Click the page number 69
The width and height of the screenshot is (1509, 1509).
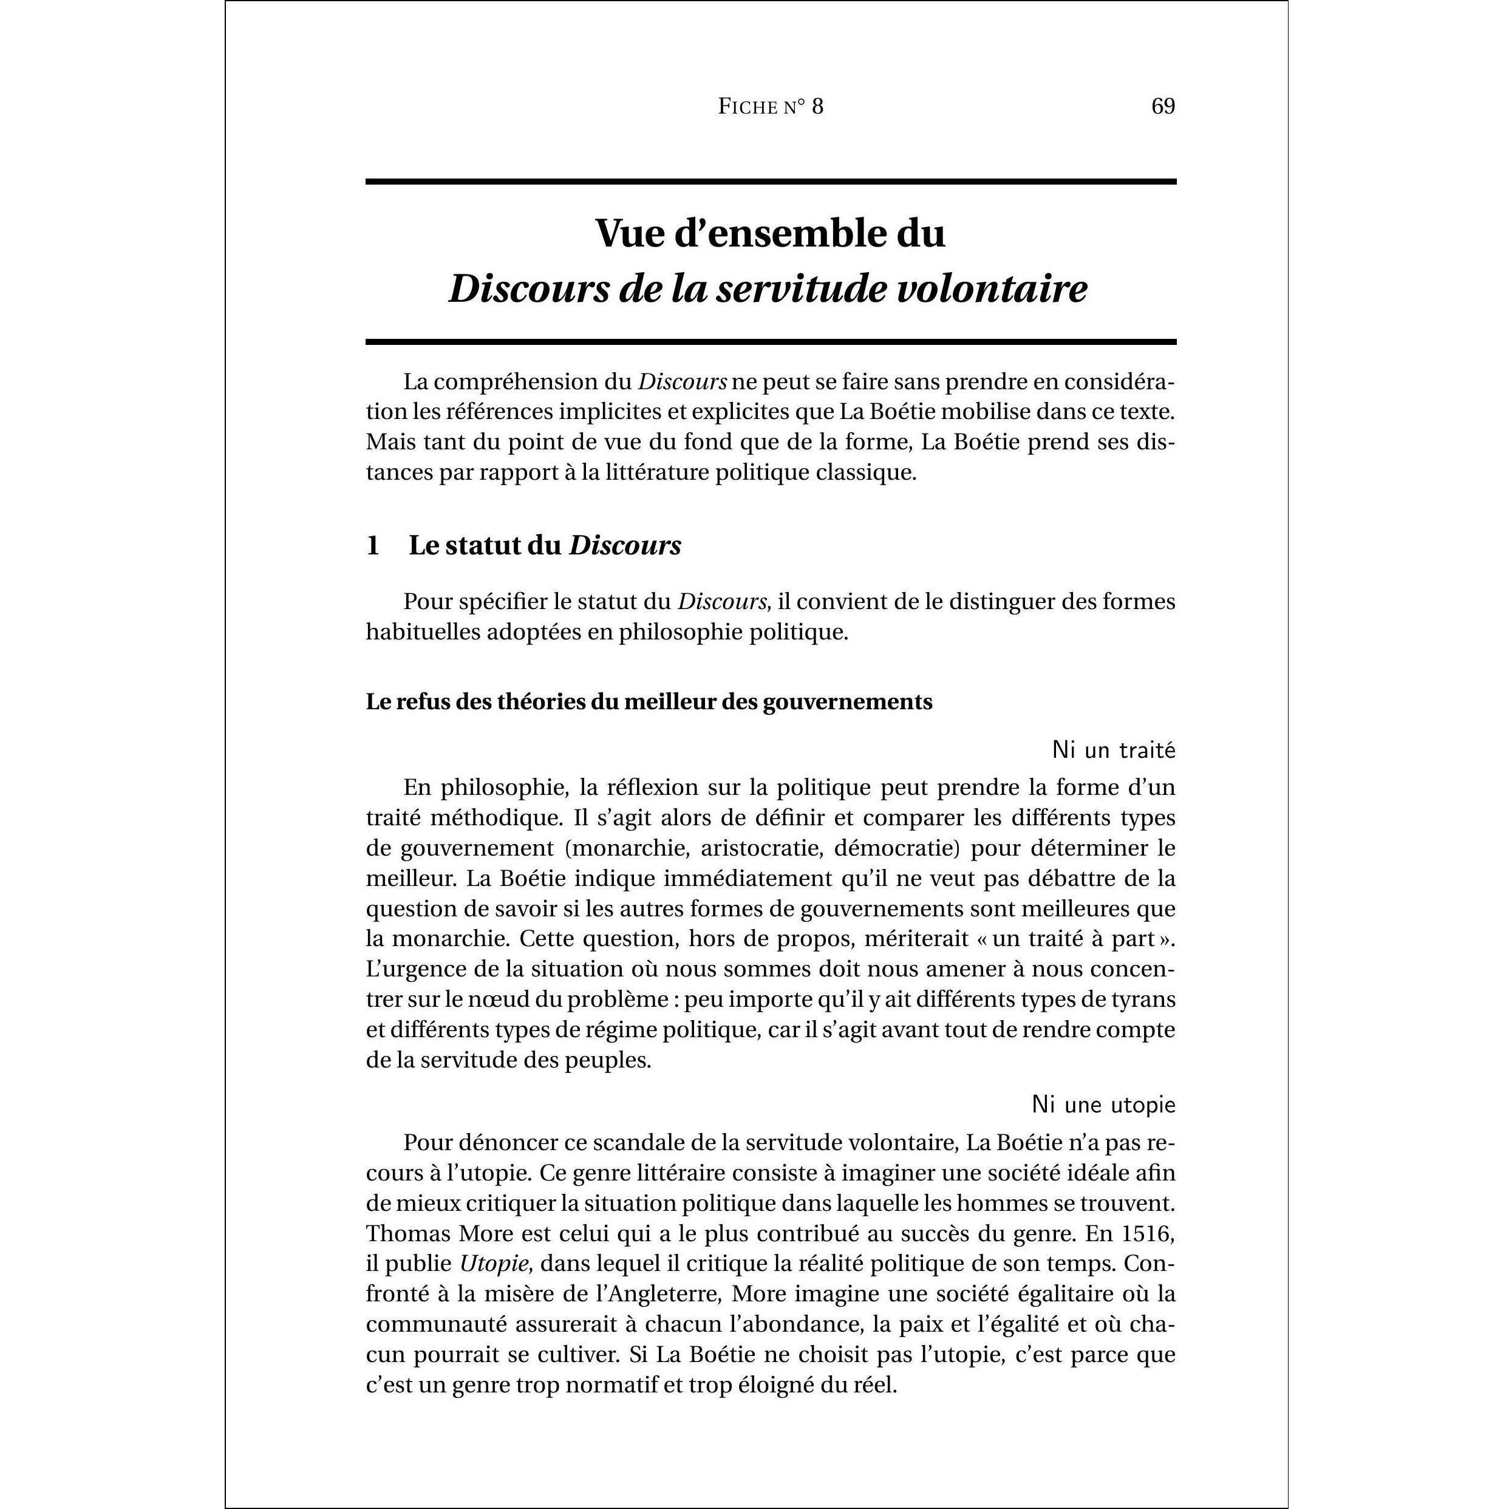point(1163,106)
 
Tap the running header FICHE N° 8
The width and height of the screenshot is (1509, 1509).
point(770,107)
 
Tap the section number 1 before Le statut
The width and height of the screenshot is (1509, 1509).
point(373,546)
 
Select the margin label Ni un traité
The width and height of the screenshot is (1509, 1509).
point(1113,751)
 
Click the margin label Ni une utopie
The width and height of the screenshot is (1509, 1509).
point(1103,1105)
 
